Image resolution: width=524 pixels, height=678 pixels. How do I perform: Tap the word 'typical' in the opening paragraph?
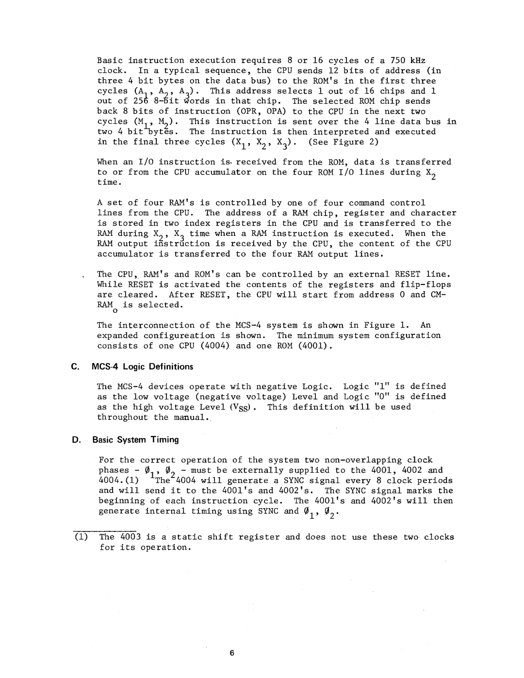coord(179,71)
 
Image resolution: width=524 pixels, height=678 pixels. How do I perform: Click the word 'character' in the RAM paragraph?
coord(433,213)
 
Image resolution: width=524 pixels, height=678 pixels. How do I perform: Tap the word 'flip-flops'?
coord(426,284)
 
